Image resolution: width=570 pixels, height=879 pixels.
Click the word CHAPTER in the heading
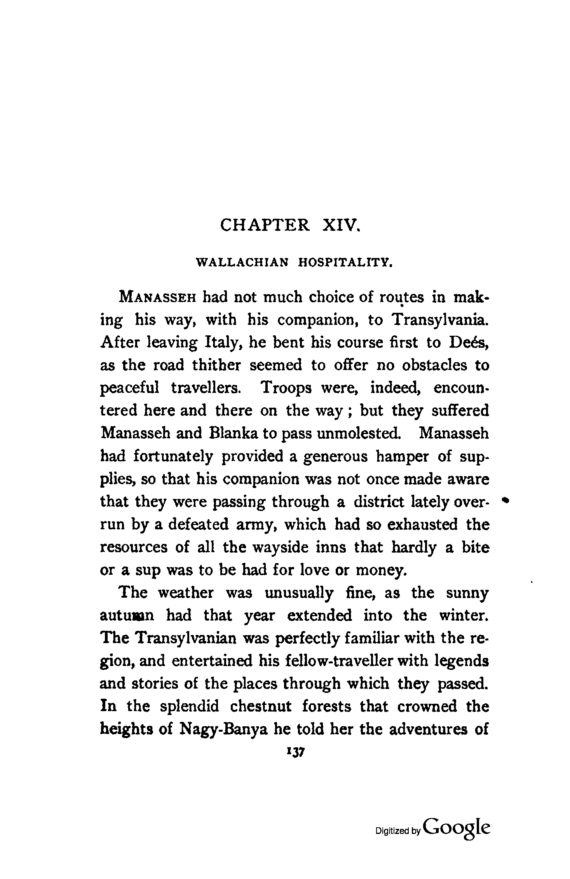tap(265, 225)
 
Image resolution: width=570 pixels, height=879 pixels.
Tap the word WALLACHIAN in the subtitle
tap(242, 263)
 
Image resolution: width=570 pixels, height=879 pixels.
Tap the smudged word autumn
tap(127, 616)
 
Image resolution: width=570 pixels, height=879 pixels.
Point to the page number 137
tap(296, 752)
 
